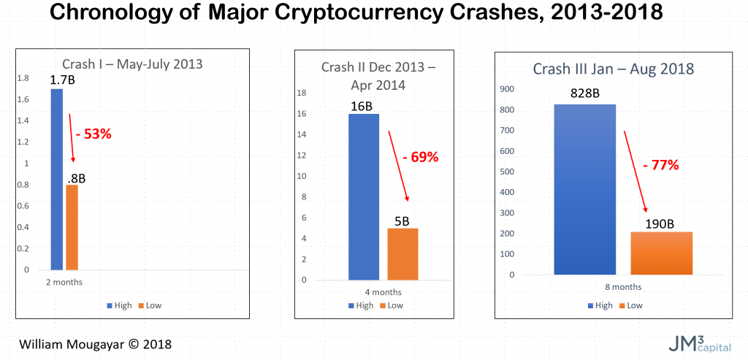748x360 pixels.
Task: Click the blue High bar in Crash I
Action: tap(56, 179)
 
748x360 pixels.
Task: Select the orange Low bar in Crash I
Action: tap(72, 227)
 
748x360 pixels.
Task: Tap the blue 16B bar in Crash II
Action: tap(364, 196)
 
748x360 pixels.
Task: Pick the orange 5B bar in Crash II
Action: tap(402, 253)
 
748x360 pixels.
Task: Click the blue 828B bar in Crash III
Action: tap(584, 189)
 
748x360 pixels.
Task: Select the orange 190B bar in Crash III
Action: tap(661, 253)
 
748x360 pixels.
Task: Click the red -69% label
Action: tap(420, 157)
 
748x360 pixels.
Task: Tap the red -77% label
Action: tap(661, 165)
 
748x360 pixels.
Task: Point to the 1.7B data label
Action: tap(61, 80)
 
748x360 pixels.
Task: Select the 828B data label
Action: tap(586, 95)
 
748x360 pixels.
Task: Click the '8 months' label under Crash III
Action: tap(623, 287)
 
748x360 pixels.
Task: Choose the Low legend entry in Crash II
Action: tap(392, 305)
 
